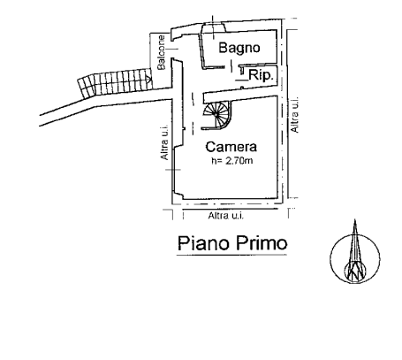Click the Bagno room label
pyautogui.click(x=239, y=48)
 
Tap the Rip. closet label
pyautogui.click(x=261, y=76)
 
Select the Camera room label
pyautogui.click(x=231, y=147)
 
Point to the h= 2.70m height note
pyautogui.click(x=232, y=161)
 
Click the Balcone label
pyautogui.click(x=162, y=52)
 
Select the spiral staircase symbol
pyautogui.click(x=216, y=115)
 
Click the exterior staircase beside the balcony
pyautogui.click(x=115, y=82)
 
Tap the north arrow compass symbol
pyautogui.click(x=355, y=257)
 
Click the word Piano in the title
pyautogui.click(x=203, y=243)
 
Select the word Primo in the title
pyautogui.click(x=261, y=243)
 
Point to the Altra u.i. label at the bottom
pyautogui.click(x=226, y=216)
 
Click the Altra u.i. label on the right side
pyautogui.click(x=294, y=115)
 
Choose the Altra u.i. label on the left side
pyautogui.click(x=164, y=142)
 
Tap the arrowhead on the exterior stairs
pyautogui.click(x=149, y=79)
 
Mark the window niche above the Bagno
pyautogui.click(x=214, y=27)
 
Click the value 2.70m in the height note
pyautogui.click(x=239, y=161)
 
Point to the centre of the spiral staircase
pyautogui.click(x=216, y=114)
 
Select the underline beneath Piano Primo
pyautogui.click(x=231, y=255)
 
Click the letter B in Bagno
pyautogui.click(x=224, y=48)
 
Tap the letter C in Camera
pyautogui.click(x=210, y=147)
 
